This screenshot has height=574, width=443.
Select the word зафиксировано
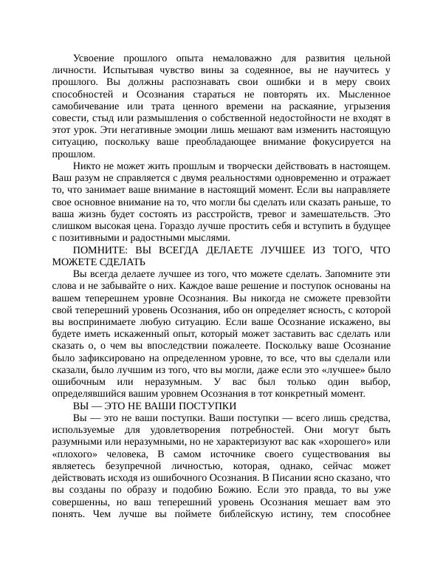108,358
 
